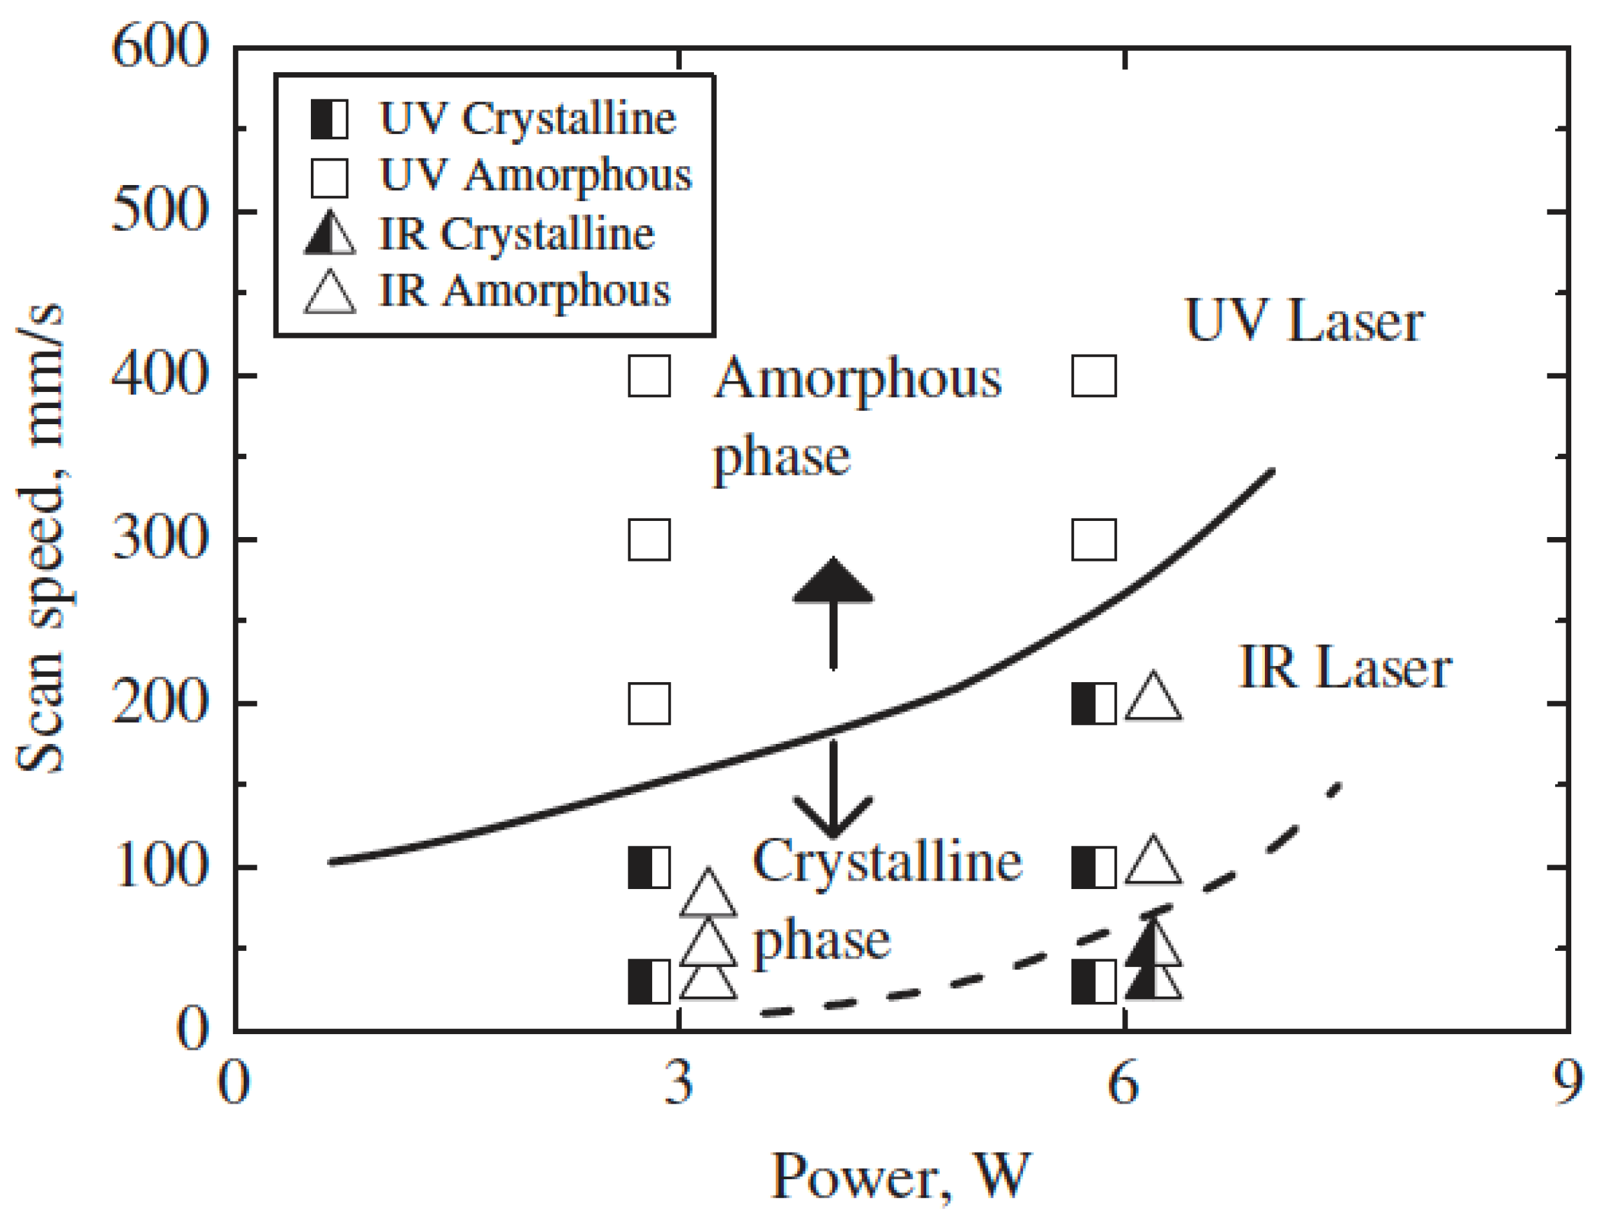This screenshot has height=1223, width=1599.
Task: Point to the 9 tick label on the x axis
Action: point(1566,1082)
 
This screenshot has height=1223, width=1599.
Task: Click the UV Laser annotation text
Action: point(1304,320)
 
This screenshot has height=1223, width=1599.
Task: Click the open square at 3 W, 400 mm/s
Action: point(649,377)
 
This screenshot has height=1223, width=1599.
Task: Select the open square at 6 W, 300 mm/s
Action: point(1094,540)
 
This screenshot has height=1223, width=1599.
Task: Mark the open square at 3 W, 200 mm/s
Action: point(649,704)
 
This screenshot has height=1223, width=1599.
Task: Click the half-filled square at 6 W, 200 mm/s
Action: point(1094,704)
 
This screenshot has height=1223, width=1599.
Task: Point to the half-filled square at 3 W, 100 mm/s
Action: point(649,867)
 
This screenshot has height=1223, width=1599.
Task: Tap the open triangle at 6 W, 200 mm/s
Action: point(1153,699)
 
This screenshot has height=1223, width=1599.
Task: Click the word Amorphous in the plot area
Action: point(857,378)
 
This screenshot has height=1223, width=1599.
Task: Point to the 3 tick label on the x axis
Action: point(679,1082)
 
